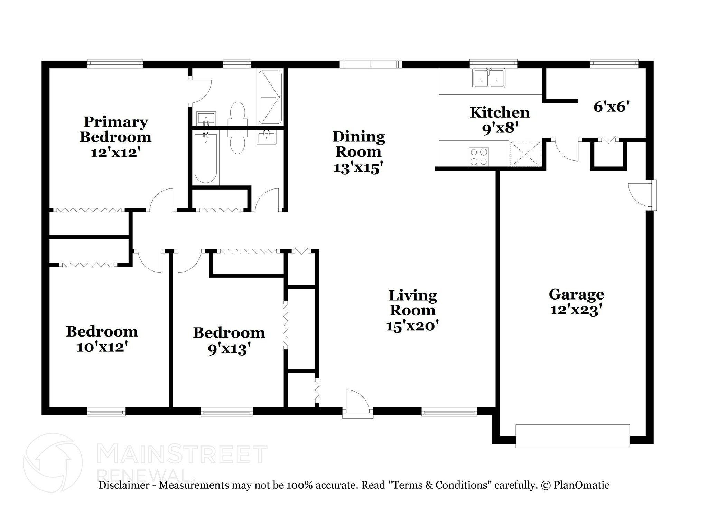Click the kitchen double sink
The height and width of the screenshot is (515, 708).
[x=488, y=78]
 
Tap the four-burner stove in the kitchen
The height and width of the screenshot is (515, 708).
[x=478, y=157]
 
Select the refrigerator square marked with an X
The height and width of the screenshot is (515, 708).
[x=525, y=154]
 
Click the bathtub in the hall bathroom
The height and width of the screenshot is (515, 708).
[x=205, y=158]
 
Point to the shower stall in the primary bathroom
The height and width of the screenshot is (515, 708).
[x=270, y=97]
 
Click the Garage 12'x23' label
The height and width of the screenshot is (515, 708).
[x=576, y=302]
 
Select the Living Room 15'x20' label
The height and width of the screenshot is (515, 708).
[x=412, y=310]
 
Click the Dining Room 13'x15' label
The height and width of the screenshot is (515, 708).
[x=358, y=152]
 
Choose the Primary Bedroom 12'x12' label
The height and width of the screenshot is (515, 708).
[x=115, y=137]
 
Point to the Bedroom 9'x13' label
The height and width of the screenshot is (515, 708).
[x=229, y=341]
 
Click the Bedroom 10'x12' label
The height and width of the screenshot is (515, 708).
[x=102, y=339]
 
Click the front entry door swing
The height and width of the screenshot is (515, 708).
[x=357, y=403]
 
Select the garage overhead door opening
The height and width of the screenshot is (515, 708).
[x=572, y=436]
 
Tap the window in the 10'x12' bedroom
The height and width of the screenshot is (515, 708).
[x=106, y=412]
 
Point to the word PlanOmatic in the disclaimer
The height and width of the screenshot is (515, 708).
[x=581, y=485]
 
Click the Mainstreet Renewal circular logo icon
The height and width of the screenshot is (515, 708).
[x=53, y=462]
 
